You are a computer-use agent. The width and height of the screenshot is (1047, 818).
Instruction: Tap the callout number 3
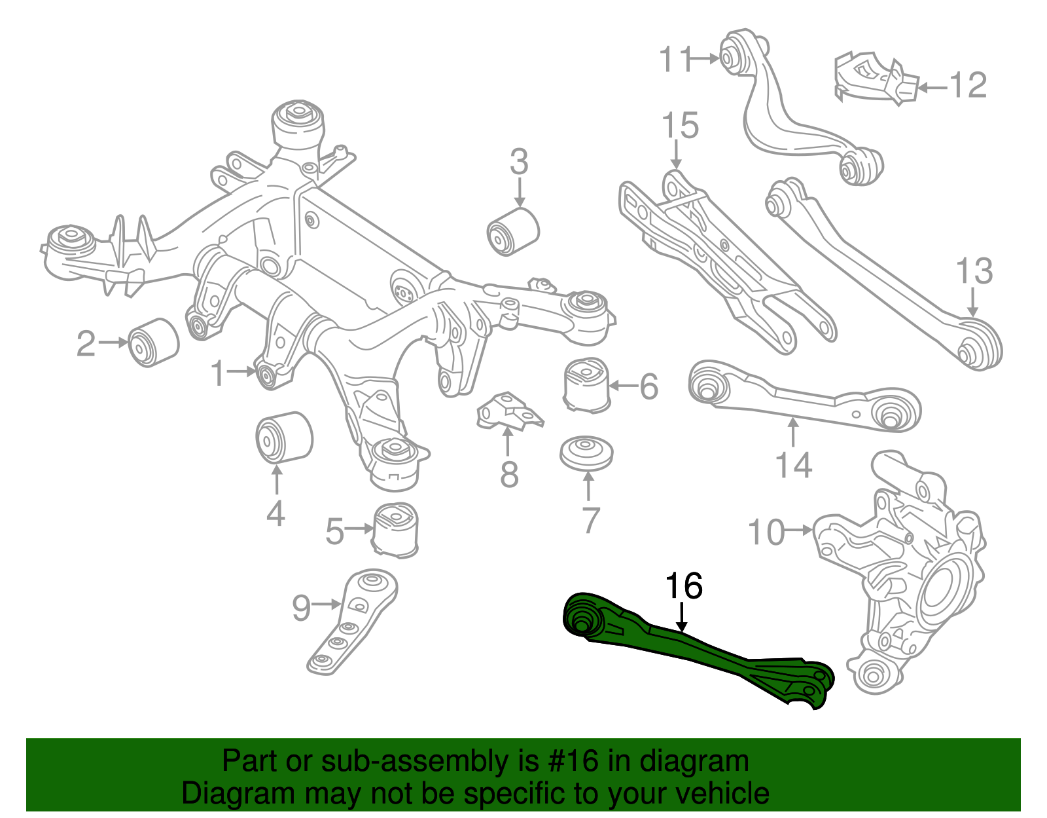click(519, 162)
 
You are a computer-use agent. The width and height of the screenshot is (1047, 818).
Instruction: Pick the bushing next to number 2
click(153, 342)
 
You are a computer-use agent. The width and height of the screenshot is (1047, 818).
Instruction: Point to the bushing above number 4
click(283, 437)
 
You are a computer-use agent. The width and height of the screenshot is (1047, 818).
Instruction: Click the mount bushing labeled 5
click(396, 529)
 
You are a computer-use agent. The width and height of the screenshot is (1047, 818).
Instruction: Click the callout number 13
click(974, 271)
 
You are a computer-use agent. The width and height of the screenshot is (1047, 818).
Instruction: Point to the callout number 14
click(793, 465)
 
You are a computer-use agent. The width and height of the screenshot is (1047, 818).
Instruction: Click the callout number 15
click(680, 125)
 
